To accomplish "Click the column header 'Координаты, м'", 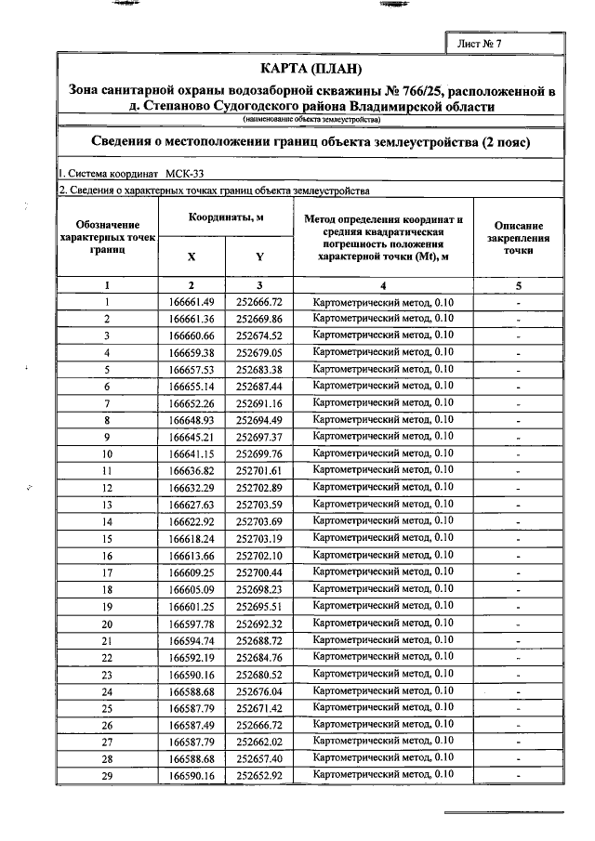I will [226, 217].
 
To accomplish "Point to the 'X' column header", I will [192, 256].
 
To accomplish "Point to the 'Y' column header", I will [259, 256].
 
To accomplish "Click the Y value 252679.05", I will [259, 352].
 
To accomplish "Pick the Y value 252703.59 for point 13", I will [259, 505].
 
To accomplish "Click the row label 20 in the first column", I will [107, 624].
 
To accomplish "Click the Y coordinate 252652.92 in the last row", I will [259, 775].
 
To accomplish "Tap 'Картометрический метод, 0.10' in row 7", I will [383, 402].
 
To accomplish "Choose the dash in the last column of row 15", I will [519, 539].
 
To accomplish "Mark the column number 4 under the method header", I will [383, 285].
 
